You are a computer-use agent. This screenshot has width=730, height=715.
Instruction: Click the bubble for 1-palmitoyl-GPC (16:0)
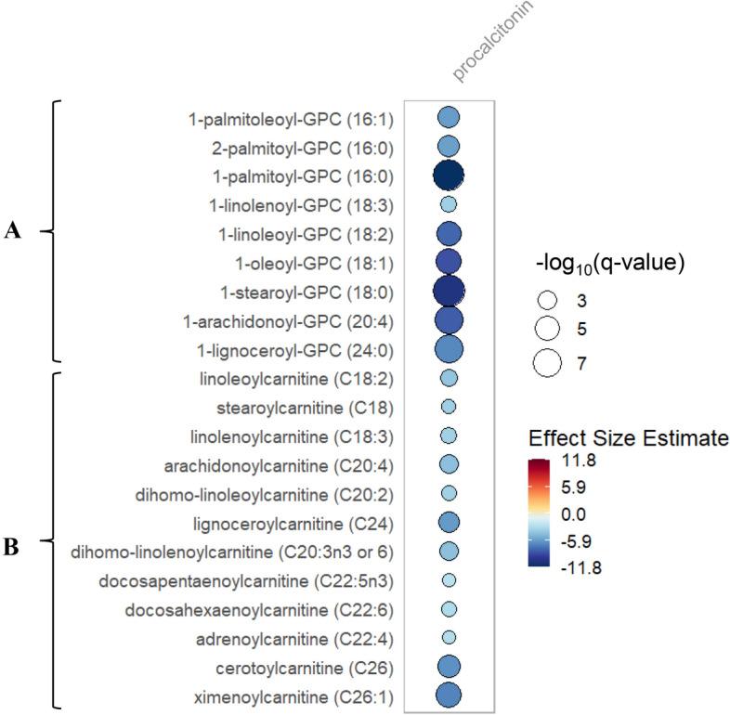point(449,175)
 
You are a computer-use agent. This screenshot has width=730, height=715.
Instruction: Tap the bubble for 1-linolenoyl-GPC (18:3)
point(449,203)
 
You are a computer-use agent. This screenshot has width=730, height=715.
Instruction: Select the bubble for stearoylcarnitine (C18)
point(449,406)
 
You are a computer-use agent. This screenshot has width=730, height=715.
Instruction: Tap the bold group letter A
point(13,232)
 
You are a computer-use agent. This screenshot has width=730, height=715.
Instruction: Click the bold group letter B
point(13,546)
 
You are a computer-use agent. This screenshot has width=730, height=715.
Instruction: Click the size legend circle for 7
point(548,363)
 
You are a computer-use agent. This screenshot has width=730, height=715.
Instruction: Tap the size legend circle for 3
point(548,301)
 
